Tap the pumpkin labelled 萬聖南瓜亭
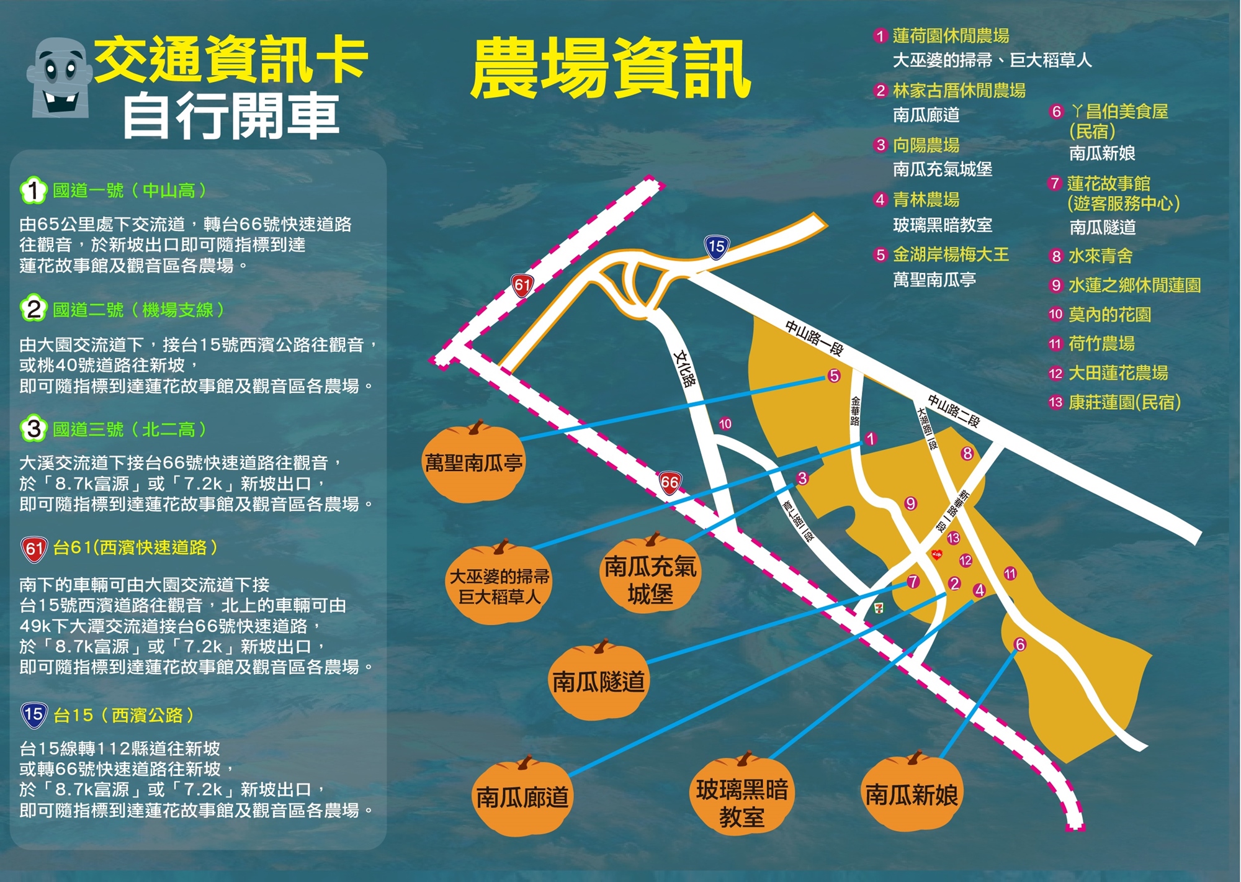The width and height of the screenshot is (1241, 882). tap(473, 462)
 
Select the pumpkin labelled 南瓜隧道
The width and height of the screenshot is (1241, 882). tap(599, 681)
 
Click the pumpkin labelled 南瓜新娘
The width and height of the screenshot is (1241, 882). tap(912, 794)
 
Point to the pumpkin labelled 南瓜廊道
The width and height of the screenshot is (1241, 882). tap(522, 797)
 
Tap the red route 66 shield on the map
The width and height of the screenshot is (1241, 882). tap(670, 483)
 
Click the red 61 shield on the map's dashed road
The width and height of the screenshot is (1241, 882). tap(522, 286)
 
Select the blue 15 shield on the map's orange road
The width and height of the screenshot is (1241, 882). tap(717, 246)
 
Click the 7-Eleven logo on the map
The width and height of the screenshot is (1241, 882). tap(879, 607)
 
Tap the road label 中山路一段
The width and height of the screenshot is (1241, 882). tap(814, 338)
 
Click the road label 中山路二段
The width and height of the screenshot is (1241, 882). tap(954, 411)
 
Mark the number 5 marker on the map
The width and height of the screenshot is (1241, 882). tap(834, 376)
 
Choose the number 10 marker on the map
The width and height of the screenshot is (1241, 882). tap(725, 424)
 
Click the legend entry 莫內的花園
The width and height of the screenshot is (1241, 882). tap(1109, 315)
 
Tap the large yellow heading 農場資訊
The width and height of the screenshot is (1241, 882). tap(611, 68)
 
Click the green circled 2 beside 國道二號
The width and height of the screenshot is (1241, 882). tap(34, 309)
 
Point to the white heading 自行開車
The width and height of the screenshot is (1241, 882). tap(231, 116)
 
